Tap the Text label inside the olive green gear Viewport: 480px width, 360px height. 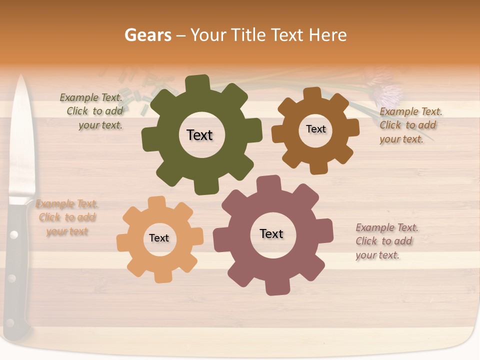[x=199, y=135]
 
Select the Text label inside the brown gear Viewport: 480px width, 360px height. [x=315, y=129]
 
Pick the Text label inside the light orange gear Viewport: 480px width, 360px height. [x=159, y=238]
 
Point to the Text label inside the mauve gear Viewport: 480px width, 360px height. [x=271, y=233]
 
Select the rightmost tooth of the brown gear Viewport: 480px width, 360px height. [x=352, y=127]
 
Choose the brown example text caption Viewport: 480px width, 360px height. [x=410, y=125]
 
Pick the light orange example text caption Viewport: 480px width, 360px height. [x=67, y=217]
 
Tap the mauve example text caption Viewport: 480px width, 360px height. [x=386, y=241]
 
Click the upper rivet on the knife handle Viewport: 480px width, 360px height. [x=13, y=234]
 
